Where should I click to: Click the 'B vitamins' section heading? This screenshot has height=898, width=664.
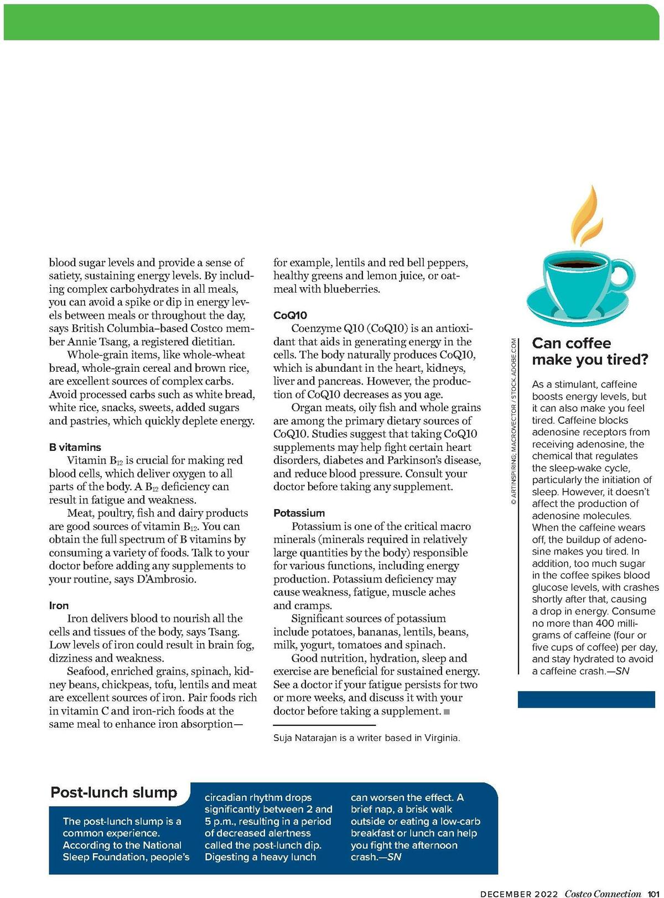[75, 447]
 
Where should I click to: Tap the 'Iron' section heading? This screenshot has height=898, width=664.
[59, 605]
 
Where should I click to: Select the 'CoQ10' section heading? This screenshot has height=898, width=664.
[290, 315]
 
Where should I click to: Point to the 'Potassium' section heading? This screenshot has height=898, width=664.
[299, 513]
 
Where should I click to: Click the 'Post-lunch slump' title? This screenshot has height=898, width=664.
[114, 792]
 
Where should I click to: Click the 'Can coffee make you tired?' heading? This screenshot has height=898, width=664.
[589, 351]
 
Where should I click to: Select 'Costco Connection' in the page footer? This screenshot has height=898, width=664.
[603, 893]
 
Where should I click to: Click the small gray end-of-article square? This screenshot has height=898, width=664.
[447, 712]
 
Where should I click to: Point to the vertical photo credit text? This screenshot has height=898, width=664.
[513, 421]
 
